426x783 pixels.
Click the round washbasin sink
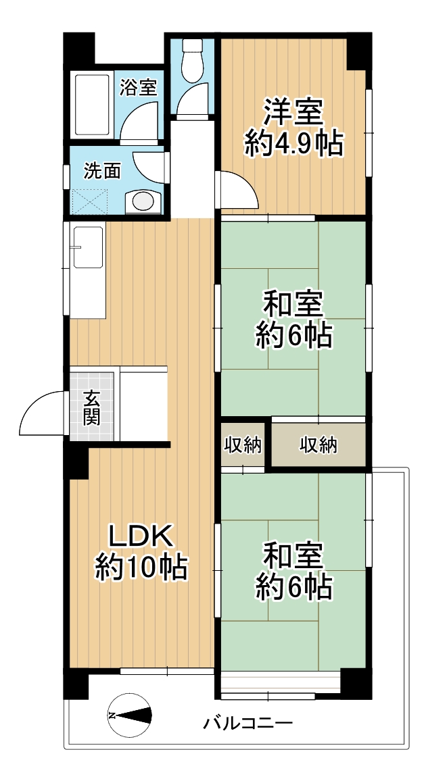click(143, 201)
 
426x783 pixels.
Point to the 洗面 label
click(102, 171)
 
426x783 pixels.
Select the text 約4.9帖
click(293, 143)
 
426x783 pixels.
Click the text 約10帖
click(141, 567)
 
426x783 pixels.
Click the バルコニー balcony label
click(248, 724)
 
